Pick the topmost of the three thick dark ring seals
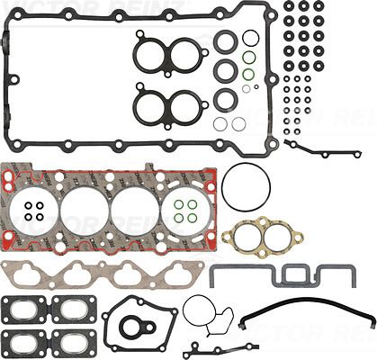click(225, 41)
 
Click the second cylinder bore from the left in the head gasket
click(85, 212)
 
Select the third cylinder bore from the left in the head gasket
click(135, 212)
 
